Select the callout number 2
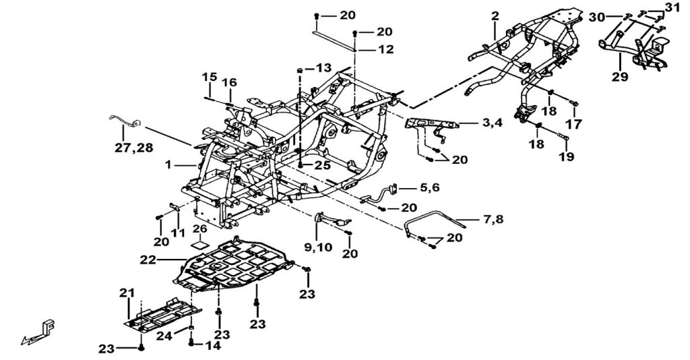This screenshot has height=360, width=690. (x=495, y=15)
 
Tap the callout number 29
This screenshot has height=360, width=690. (x=620, y=77)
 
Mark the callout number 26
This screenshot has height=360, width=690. (x=199, y=228)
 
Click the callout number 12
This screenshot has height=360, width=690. (x=385, y=49)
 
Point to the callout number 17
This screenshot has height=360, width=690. (x=575, y=124)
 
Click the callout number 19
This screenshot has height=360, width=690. (x=565, y=156)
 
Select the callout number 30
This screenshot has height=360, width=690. (x=596, y=17)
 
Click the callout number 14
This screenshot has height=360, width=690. (x=212, y=345)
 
